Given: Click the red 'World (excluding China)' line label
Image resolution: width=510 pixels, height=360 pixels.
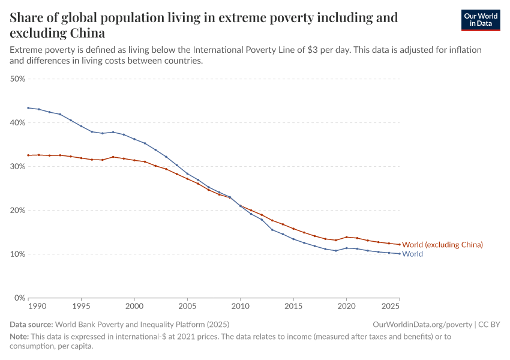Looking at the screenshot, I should (442, 245).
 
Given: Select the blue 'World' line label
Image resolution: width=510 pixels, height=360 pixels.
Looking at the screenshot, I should (412, 254).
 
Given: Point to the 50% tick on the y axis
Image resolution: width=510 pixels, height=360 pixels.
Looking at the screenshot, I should (17, 79).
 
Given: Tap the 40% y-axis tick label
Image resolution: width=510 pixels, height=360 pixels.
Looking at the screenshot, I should (17, 122).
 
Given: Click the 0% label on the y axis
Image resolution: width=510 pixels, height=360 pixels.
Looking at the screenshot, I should (19, 298).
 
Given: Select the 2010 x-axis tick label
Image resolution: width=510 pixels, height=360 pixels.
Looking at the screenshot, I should (240, 306).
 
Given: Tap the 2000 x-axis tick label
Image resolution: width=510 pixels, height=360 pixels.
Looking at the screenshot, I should (134, 306).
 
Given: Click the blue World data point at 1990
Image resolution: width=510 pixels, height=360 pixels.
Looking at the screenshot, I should (28, 108).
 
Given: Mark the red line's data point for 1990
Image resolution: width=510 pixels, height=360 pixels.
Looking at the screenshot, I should (28, 155).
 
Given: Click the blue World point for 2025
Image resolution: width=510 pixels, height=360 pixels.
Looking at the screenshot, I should (399, 254).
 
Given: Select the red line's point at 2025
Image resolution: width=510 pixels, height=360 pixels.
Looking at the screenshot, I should (399, 244).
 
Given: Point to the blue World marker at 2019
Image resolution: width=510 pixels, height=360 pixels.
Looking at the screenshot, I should (336, 251).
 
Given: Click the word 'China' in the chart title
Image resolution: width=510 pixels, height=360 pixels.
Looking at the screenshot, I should (86, 32).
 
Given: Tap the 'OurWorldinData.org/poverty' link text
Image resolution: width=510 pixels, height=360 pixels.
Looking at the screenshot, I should (422, 325).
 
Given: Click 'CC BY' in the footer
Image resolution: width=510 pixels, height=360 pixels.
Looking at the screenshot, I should (489, 325).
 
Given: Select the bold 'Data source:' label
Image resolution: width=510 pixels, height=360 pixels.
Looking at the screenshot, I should (31, 325).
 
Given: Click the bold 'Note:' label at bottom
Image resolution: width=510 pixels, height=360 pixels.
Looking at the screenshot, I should (20, 337).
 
